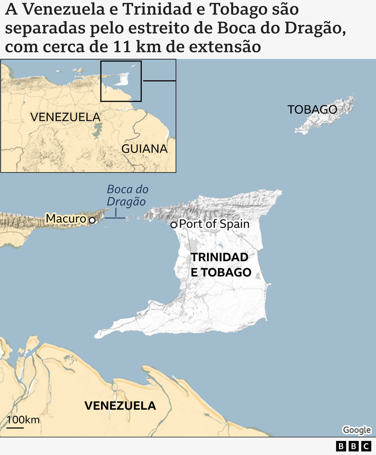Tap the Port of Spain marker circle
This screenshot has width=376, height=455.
click(x=173, y=224)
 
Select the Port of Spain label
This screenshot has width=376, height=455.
click(x=214, y=224)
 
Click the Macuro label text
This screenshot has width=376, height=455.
click(x=66, y=219)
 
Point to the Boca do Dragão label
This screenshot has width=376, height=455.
click(x=127, y=195)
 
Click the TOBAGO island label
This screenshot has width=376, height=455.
click(x=312, y=109)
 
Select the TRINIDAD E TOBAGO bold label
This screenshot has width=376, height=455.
click(x=220, y=265)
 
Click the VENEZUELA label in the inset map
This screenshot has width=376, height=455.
click(x=65, y=117)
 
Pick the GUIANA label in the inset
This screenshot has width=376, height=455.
click(x=144, y=149)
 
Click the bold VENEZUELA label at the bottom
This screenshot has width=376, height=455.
click(x=120, y=405)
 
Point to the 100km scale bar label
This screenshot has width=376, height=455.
click(x=23, y=420)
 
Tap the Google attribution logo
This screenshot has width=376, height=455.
click(x=357, y=430)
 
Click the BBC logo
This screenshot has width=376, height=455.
click(x=353, y=446)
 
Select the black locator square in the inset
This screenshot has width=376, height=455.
click(x=121, y=81)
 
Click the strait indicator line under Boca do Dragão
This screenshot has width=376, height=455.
click(x=116, y=217)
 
